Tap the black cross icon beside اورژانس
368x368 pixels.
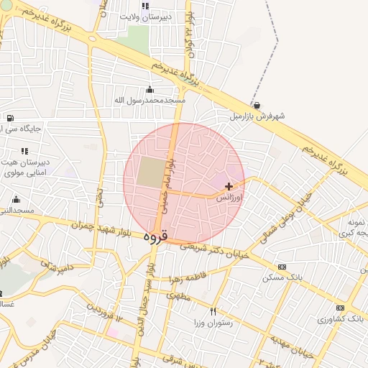229,186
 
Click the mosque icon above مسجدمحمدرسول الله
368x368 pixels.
149,89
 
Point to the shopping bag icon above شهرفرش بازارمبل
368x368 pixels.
257,104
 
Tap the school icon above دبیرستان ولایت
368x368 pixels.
146,6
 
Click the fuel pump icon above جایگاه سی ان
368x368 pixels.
9,119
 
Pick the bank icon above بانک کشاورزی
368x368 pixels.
340,308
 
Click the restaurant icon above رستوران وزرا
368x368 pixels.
213,312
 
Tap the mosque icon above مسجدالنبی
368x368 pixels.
16,199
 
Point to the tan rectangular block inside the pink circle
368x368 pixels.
150,173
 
